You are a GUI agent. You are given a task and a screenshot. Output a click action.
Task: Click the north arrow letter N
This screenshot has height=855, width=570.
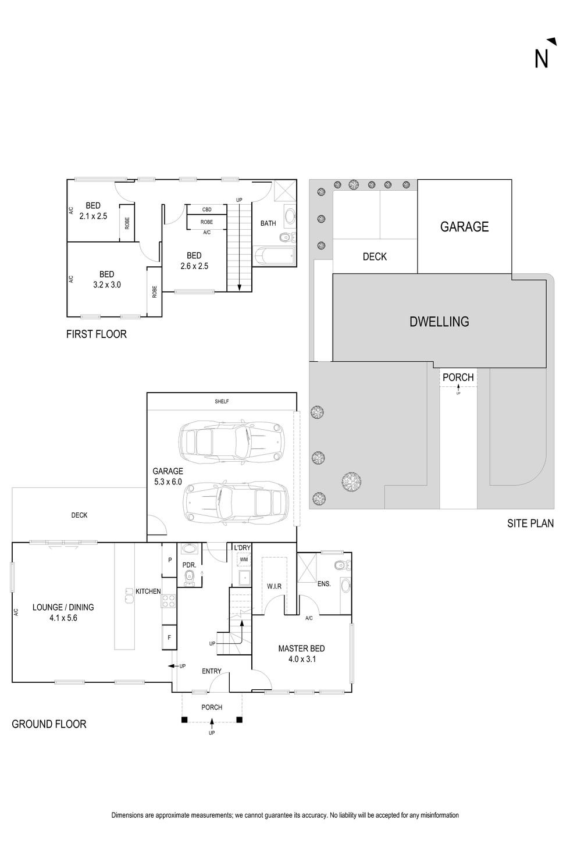pyautogui.click(x=541, y=59)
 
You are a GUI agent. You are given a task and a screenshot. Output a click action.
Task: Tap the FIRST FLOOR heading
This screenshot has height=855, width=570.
pyautogui.click(x=96, y=334)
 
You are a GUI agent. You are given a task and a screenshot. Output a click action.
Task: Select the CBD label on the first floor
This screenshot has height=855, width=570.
pyautogui.click(x=206, y=209)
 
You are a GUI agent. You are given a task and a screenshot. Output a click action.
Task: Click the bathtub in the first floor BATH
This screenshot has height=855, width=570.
pyautogui.click(x=275, y=255)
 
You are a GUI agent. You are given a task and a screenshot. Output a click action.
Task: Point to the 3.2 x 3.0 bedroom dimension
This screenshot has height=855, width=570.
pyautogui.click(x=107, y=285)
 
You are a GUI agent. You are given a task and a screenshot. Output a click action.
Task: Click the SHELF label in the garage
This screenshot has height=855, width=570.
pyautogui.click(x=222, y=401)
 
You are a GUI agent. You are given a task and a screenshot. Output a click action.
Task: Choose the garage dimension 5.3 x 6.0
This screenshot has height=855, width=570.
pyautogui.click(x=168, y=482)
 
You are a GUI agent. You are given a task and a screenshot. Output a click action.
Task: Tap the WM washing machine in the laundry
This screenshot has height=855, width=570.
pyautogui.click(x=244, y=560)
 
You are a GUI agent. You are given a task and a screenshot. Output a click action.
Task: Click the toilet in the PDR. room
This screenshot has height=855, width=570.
pyautogui.click(x=189, y=578)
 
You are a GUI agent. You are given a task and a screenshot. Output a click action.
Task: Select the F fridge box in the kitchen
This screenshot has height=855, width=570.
pyautogui.click(x=169, y=637)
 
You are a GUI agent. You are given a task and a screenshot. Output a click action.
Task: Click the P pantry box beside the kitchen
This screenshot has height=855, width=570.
pyautogui.click(x=169, y=560)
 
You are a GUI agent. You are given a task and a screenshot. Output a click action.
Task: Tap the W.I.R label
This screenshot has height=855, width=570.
pyautogui.click(x=274, y=586)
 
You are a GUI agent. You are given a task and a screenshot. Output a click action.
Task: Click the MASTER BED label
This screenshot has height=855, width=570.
pyautogui.click(x=302, y=648)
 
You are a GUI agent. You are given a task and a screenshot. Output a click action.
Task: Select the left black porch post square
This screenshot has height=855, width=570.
pyautogui.click(x=184, y=720)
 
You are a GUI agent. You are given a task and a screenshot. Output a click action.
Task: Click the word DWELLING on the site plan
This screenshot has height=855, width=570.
pyautogui.click(x=439, y=322)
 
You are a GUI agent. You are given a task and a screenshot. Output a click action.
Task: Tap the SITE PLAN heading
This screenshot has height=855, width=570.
pyautogui.click(x=530, y=523)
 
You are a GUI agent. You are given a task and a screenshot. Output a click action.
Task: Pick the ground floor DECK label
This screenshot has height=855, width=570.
pyautogui.click(x=80, y=515)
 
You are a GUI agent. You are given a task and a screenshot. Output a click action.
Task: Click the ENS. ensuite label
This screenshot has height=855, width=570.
pyautogui.click(x=324, y=583)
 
